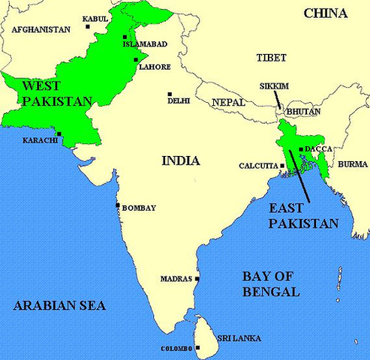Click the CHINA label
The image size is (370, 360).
click(x=325, y=13)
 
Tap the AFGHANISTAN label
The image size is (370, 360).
click(x=41, y=29)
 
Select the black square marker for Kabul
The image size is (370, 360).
click(x=88, y=27)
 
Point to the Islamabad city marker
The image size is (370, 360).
click(x=125, y=35)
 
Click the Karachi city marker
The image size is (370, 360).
click(x=59, y=135)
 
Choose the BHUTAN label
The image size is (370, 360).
click(x=304, y=112)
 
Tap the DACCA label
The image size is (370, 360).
click(x=318, y=149)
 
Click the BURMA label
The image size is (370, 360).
click(x=353, y=163)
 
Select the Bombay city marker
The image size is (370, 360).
click(x=118, y=205)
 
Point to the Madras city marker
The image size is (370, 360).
click(x=197, y=279)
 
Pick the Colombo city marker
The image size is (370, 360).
click(x=197, y=348)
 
